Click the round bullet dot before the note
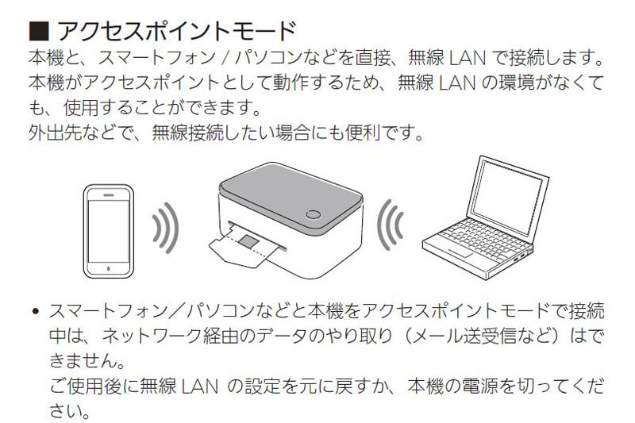(x=36, y=308)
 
